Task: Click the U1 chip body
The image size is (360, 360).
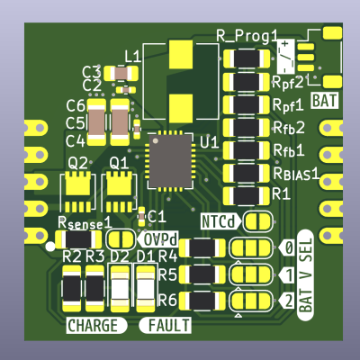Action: click(x=170, y=161)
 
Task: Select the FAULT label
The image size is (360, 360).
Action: click(x=165, y=326)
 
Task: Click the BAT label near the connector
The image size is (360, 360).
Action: click(x=325, y=101)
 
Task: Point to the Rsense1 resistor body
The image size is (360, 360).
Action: click(x=79, y=239)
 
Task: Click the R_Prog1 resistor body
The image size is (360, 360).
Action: click(x=247, y=58)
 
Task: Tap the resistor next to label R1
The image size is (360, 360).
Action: click(x=247, y=195)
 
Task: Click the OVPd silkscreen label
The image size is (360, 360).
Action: click(x=158, y=239)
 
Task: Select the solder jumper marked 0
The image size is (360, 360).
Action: click(x=251, y=247)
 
